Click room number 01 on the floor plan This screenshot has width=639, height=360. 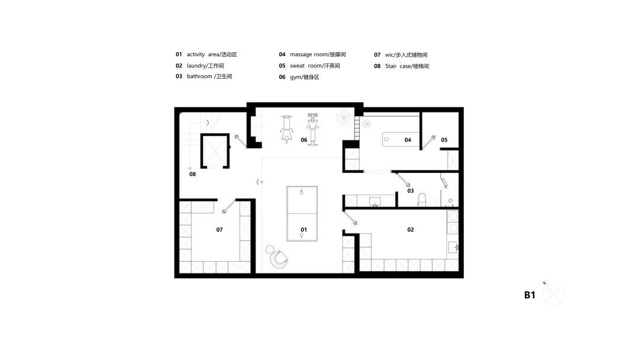click(304, 230)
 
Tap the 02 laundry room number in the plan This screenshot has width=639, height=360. click(411, 230)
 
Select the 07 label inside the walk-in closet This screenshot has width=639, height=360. click(220, 230)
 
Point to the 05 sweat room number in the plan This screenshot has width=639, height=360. click(444, 140)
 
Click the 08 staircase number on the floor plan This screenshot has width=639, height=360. click(192, 174)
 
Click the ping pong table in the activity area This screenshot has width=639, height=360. click(302, 214)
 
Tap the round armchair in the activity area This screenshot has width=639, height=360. click(277, 257)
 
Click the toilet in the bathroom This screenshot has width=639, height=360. click(422, 200)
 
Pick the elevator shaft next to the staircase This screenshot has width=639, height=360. click(215, 151)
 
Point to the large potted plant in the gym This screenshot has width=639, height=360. click(344, 118)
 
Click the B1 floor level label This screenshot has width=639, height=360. click(530, 295)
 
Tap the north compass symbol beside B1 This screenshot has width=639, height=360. click(553, 294)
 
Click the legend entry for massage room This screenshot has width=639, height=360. click(312, 54)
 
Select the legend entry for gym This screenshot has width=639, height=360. click(299, 77)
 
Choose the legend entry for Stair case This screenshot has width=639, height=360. click(401, 66)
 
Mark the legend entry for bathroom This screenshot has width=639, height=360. click(204, 76)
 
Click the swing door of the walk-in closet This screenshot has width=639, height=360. click(228, 206)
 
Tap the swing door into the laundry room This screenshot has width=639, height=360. click(351, 217)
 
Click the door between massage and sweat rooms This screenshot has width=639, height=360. click(428, 142)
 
